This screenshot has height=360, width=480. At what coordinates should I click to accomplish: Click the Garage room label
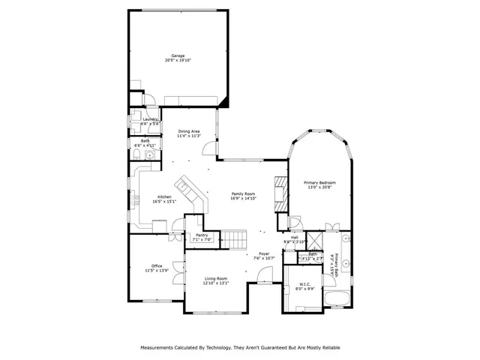click(x=178, y=55)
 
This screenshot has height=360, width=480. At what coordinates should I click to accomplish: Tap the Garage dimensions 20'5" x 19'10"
click(x=178, y=61)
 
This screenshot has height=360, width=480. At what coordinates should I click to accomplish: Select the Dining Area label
click(x=188, y=131)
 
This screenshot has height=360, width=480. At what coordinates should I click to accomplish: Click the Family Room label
click(x=244, y=193)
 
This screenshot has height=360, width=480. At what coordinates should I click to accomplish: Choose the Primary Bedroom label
click(x=319, y=183)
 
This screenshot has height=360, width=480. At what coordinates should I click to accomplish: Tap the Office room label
click(x=157, y=265)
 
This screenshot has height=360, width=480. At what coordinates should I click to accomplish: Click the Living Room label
click(x=215, y=279)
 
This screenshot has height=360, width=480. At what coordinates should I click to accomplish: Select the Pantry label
click(x=202, y=235)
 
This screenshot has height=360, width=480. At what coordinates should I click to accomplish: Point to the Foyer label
click(x=264, y=253)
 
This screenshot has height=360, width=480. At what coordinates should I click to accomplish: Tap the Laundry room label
click(x=140, y=119)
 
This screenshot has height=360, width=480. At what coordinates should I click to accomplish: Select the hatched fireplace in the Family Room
click(x=280, y=193)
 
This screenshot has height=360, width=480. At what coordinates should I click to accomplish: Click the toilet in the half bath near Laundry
click(x=139, y=155)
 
